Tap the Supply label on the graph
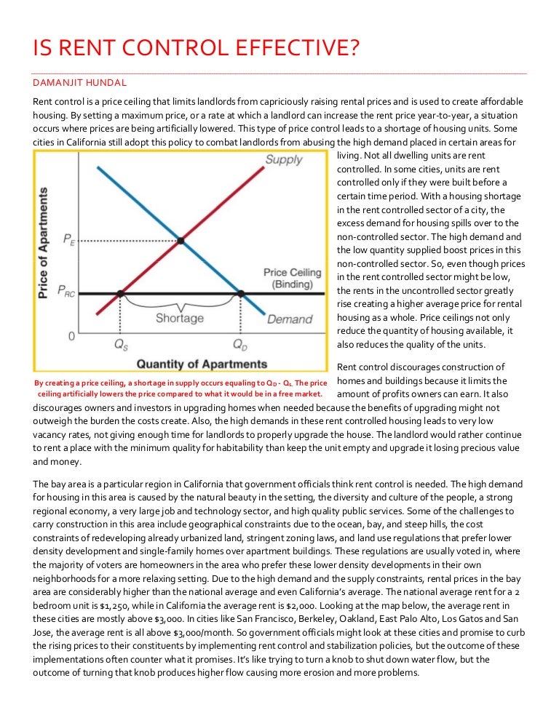(284, 159)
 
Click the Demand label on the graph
(290, 319)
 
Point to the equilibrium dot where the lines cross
(181, 239)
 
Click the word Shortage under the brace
(179, 319)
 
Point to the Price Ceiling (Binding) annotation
(292, 278)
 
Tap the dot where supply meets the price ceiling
(122, 294)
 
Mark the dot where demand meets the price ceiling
(240, 294)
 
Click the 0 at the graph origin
(71, 337)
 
